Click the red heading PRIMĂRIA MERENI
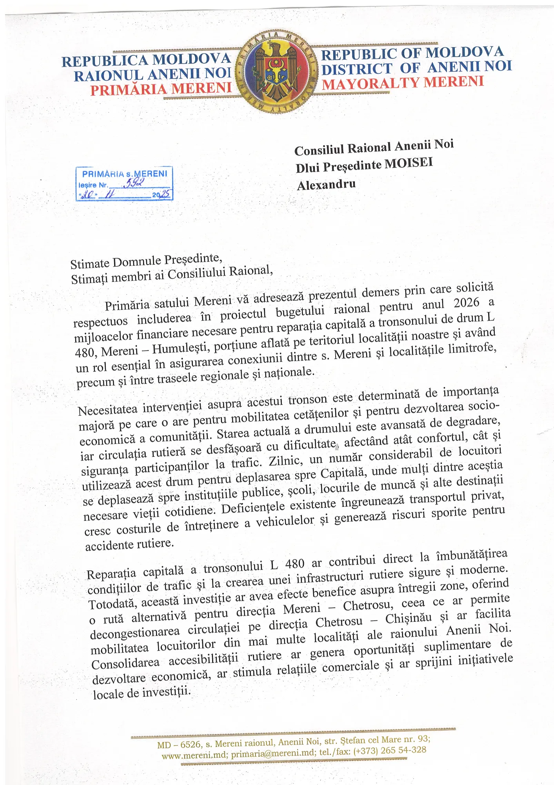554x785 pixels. click(x=161, y=89)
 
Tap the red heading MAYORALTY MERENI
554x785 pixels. click(x=403, y=83)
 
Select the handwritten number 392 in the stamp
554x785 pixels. click(x=134, y=183)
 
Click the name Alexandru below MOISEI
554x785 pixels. click(x=326, y=184)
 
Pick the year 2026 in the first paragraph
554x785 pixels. click(x=466, y=303)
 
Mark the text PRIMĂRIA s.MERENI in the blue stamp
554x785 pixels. click(x=124, y=173)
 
